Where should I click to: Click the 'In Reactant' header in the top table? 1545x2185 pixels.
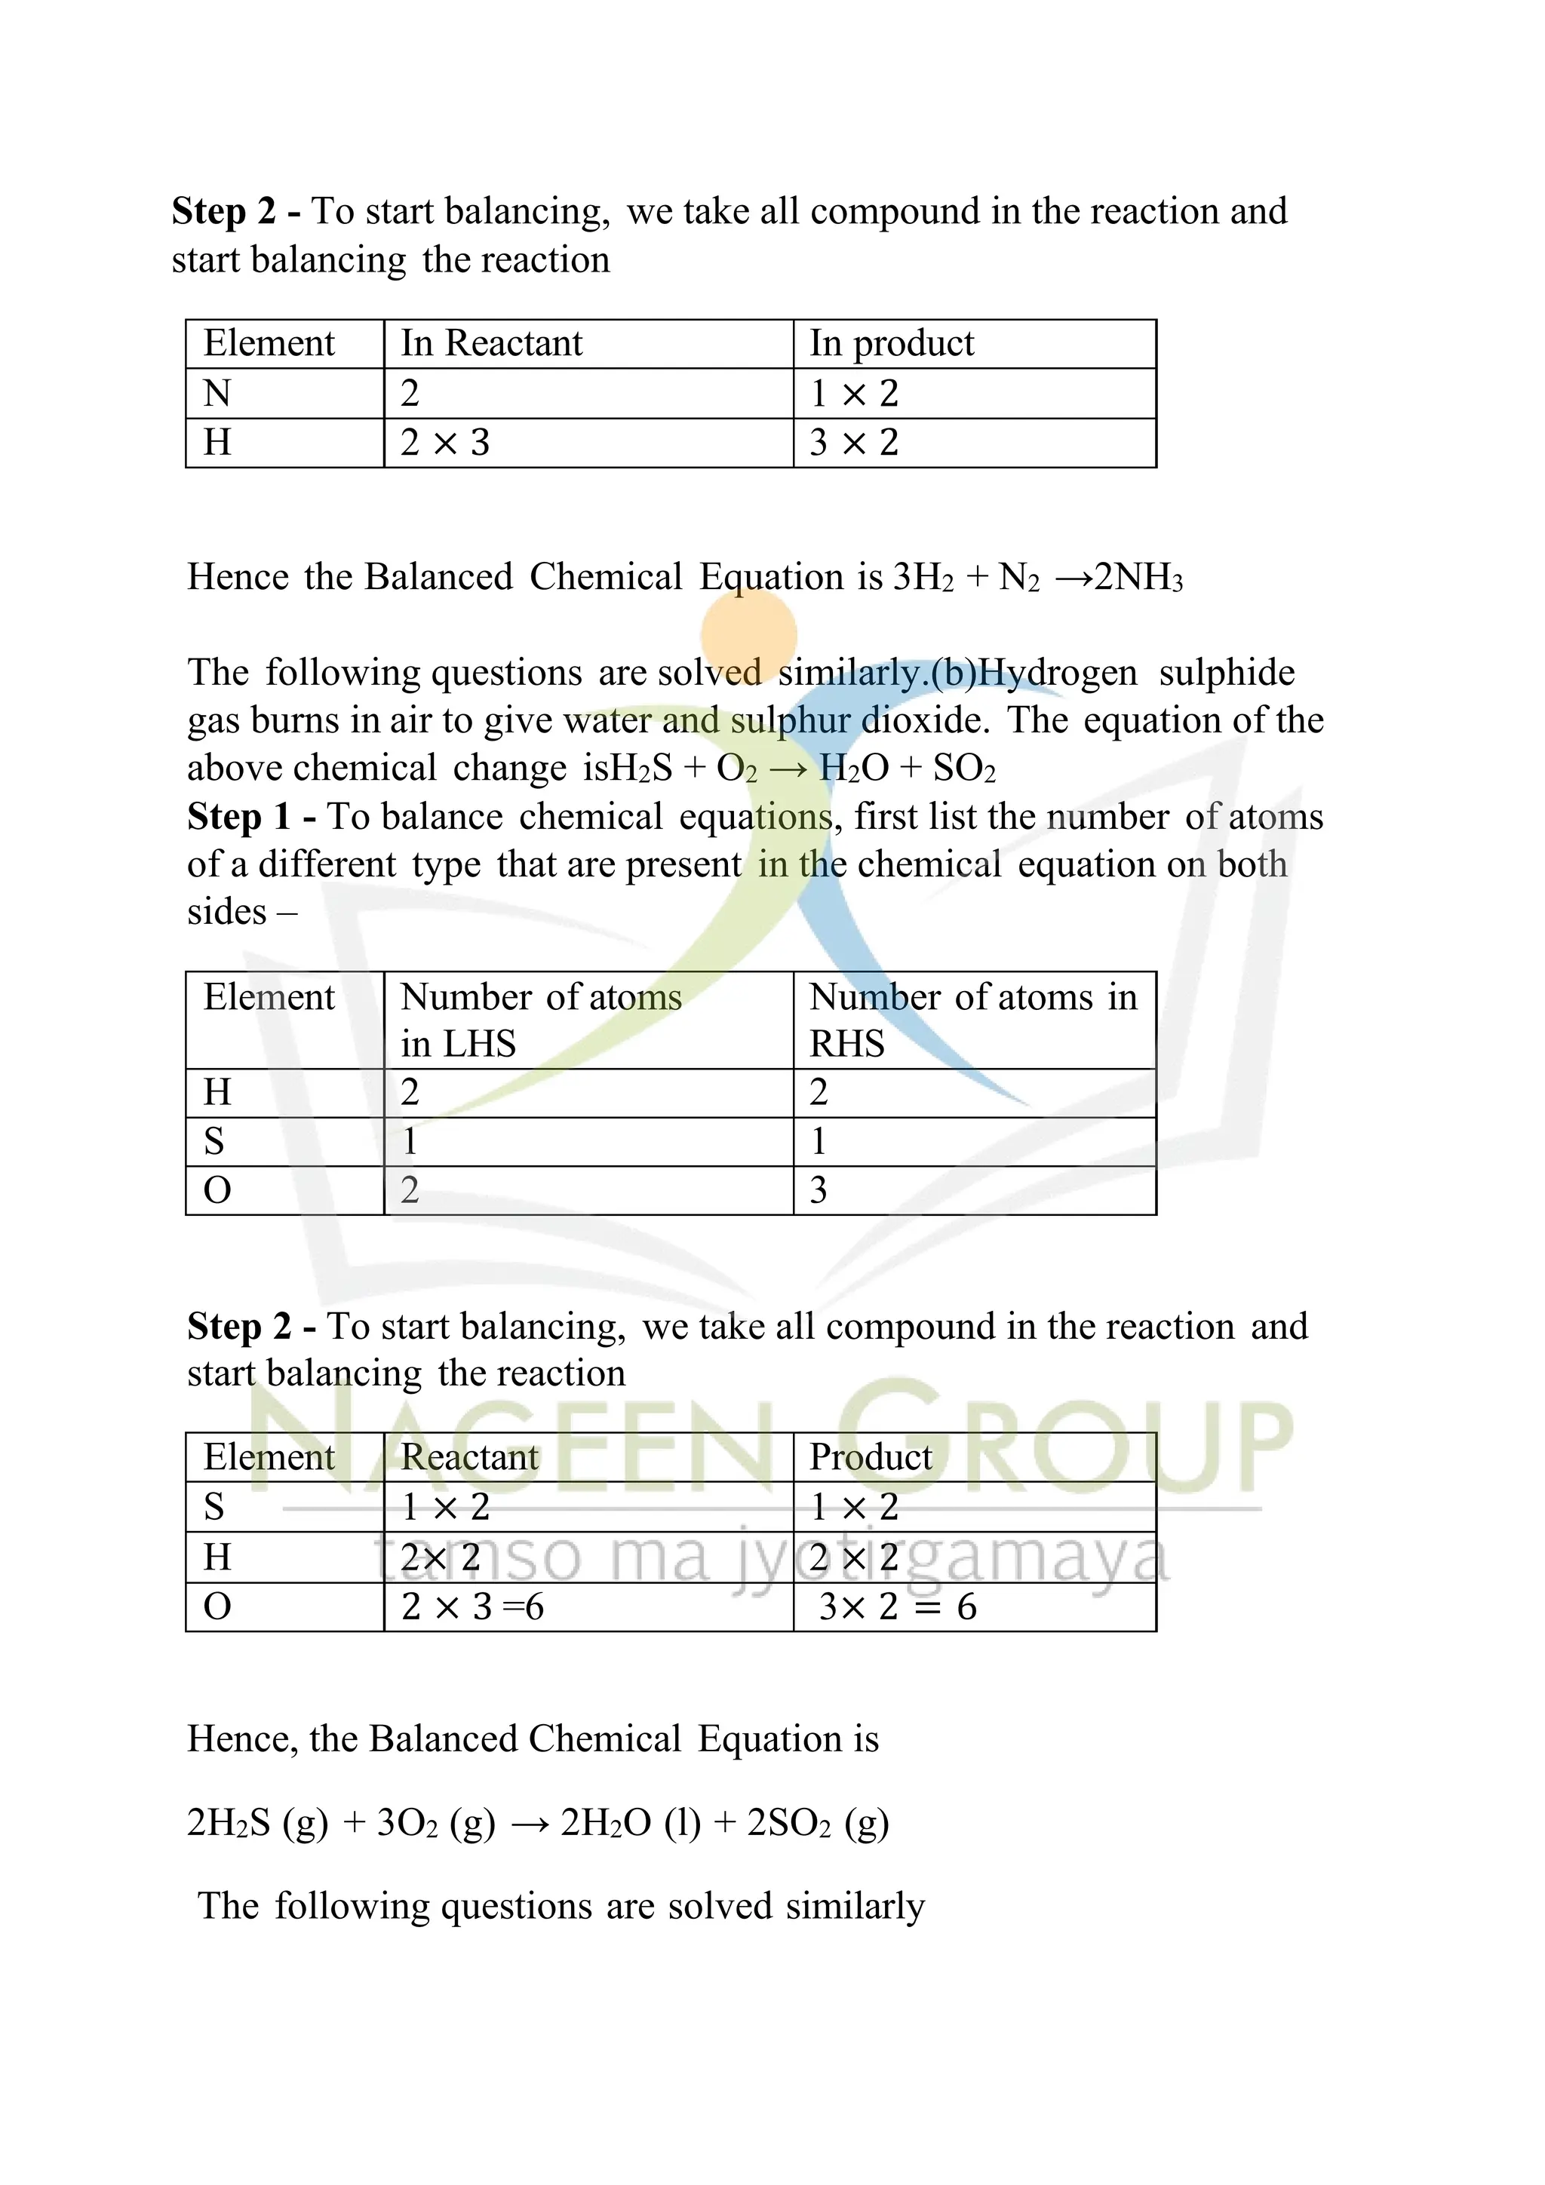pos(491,343)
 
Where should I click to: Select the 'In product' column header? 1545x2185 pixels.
pos(891,343)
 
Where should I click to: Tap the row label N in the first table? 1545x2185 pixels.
pos(217,393)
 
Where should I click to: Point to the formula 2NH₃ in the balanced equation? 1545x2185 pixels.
pos(1138,578)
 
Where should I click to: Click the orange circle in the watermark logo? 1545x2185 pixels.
pos(748,634)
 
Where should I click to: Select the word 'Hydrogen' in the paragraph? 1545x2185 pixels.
pos(1057,673)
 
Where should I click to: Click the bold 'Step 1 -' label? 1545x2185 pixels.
pos(252,817)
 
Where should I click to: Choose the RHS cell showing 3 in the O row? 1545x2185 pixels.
pos(819,1189)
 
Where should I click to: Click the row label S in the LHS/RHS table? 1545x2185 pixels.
pos(214,1141)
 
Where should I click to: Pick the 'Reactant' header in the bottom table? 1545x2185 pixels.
pos(469,1457)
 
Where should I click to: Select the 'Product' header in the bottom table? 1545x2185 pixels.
pos(870,1457)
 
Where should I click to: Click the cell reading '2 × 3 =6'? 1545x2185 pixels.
pos(472,1607)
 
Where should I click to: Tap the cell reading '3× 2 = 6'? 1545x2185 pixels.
pos(898,1607)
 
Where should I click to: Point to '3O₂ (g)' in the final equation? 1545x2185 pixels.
pos(436,1822)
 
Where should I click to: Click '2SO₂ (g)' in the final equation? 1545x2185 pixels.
pos(818,1822)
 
